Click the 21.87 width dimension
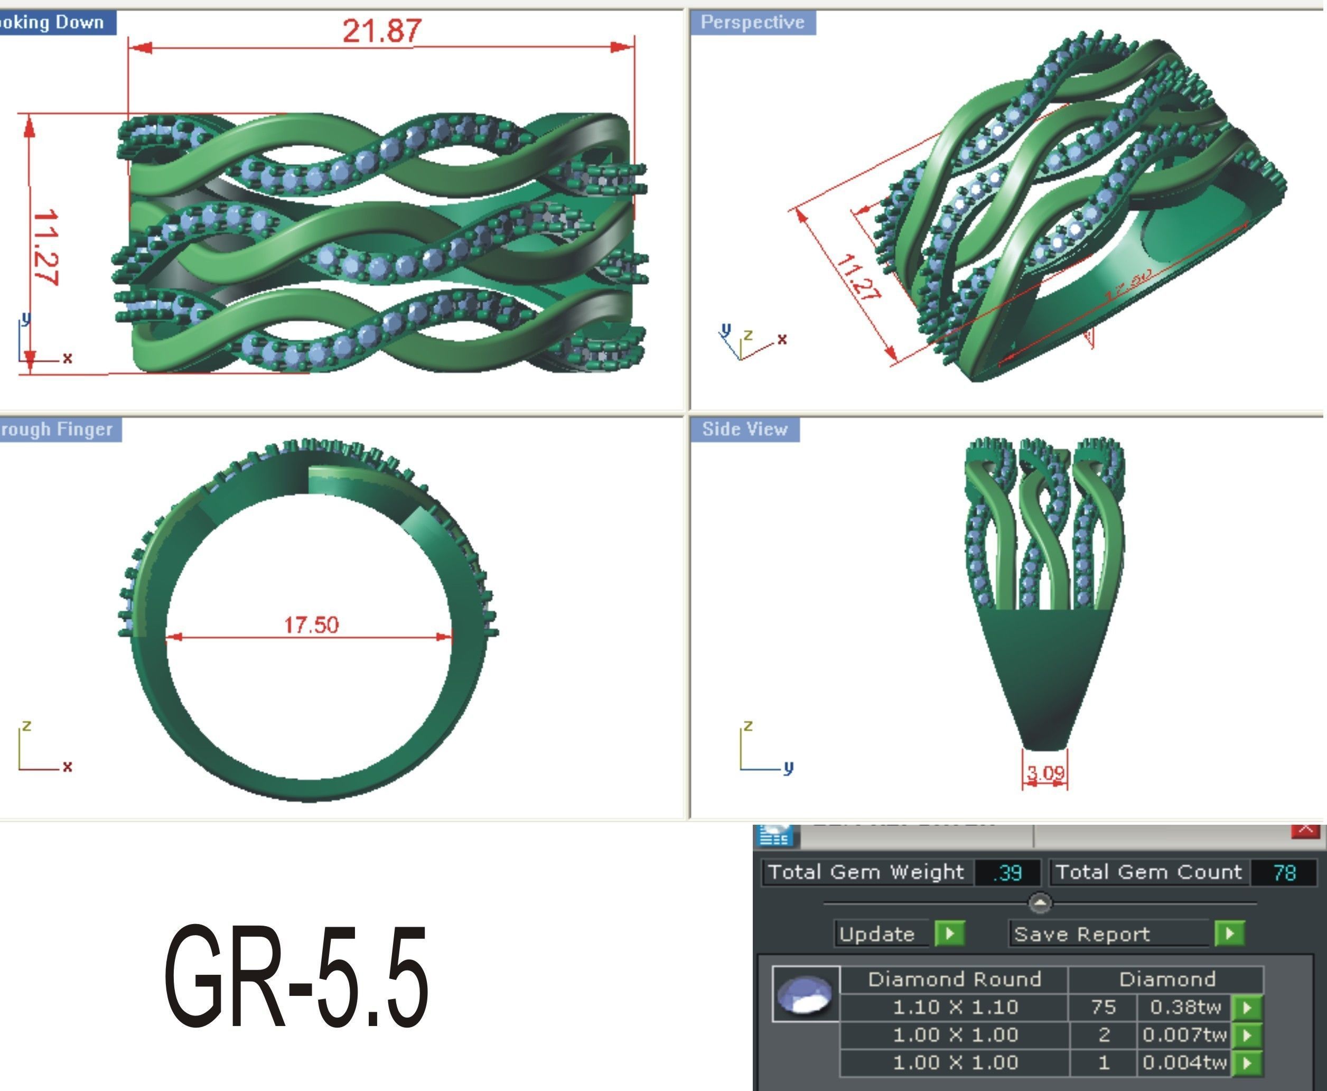pyautogui.click(x=382, y=30)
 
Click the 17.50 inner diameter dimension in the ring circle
pyautogui.click(x=311, y=624)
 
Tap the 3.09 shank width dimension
pyautogui.click(x=1045, y=773)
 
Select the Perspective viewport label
pyautogui.click(x=752, y=23)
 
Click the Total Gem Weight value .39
pyautogui.click(x=1007, y=873)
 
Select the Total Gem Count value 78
pyautogui.click(x=1284, y=873)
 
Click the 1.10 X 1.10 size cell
pyautogui.click(x=955, y=1008)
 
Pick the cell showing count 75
pyautogui.click(x=1104, y=1008)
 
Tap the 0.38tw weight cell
pyautogui.click(x=1185, y=1008)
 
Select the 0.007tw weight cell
pyautogui.click(x=1185, y=1035)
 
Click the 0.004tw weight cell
pyautogui.click(x=1185, y=1062)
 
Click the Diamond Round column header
pyautogui.click(x=955, y=979)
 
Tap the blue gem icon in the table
pyautogui.click(x=806, y=995)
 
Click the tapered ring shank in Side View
pyautogui.click(x=1045, y=679)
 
